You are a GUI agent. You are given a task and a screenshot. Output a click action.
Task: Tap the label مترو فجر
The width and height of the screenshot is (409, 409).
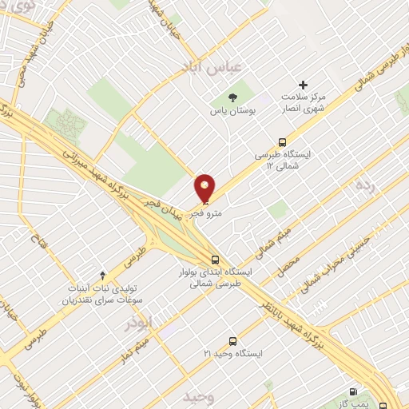point(206,214)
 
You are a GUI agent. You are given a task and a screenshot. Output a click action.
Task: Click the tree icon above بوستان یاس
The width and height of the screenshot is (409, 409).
point(232,97)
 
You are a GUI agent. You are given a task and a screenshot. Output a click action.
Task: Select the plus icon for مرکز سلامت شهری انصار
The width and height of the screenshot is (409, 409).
point(302,85)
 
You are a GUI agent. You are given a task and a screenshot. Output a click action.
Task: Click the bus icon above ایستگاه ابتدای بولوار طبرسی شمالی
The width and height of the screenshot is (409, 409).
point(214,259)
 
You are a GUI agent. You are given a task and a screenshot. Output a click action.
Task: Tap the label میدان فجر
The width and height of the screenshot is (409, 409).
point(163,207)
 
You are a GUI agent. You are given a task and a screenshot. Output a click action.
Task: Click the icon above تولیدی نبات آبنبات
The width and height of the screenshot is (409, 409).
point(101,275)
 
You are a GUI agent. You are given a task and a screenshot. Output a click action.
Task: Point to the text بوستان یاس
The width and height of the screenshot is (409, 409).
point(232,113)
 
